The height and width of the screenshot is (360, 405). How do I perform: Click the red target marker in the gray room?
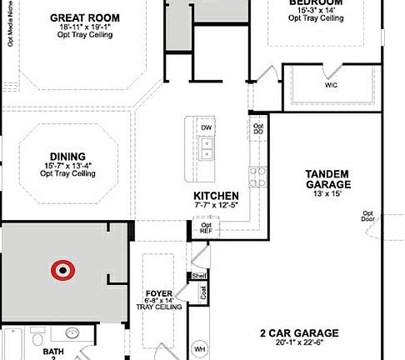tap(62, 269)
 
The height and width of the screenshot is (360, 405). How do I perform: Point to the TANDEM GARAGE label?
tap(327, 178)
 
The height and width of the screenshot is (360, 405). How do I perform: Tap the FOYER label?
tap(158, 292)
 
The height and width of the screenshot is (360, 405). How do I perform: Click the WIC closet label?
tap(330, 85)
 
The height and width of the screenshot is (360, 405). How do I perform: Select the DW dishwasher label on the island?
tap(205, 126)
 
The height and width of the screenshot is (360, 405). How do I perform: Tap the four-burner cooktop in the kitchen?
tap(256, 177)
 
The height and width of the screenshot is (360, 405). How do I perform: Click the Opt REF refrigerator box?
tap(206, 226)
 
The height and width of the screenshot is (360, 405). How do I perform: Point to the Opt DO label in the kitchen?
tap(257, 129)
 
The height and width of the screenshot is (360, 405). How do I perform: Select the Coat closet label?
tap(202, 292)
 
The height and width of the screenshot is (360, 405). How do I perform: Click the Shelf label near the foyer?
tap(199, 275)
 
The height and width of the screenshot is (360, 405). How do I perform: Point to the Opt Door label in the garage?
tap(367, 217)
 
